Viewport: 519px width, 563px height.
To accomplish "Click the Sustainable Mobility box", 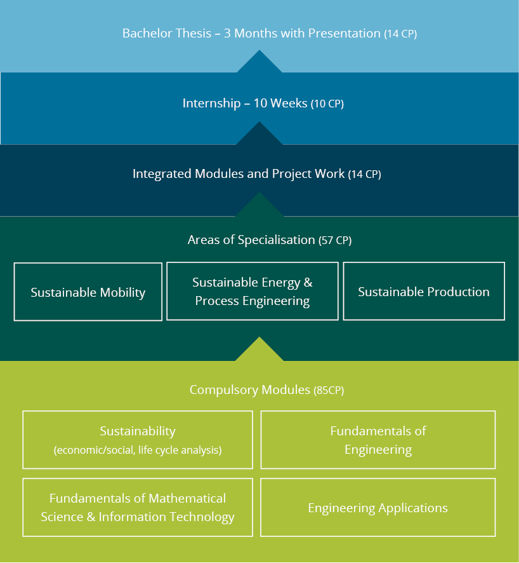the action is coord(88,292).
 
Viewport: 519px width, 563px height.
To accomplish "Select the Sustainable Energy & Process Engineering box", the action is coord(253,291).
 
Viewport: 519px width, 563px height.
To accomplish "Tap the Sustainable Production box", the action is coord(424,291).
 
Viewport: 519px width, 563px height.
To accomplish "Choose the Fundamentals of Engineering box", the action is coord(378,440).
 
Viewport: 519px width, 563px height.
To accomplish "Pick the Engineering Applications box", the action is coord(378,507).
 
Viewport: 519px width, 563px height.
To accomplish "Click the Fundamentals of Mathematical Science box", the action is coord(138,507).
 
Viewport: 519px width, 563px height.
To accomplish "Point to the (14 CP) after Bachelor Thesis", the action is coord(400,34).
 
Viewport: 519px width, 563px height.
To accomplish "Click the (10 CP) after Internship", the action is coord(327,104).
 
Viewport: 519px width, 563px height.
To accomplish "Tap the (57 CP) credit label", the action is coord(335,240).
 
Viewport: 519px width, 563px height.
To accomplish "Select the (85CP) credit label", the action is coord(329,390).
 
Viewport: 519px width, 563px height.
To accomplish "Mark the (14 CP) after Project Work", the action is coord(365,174).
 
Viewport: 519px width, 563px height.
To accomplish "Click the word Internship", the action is coord(211,104).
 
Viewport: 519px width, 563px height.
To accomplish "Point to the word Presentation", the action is coord(344,33).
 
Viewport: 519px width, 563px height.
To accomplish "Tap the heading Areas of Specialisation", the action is coord(251,240).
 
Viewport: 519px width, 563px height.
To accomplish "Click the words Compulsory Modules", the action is coord(250,390).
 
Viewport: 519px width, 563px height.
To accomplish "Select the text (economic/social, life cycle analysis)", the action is coord(138,450).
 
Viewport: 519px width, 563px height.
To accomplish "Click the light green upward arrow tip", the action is coord(259,337).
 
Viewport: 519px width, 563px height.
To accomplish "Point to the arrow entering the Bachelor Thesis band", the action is coord(259,62).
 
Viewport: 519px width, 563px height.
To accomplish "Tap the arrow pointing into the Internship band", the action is coord(259,133).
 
